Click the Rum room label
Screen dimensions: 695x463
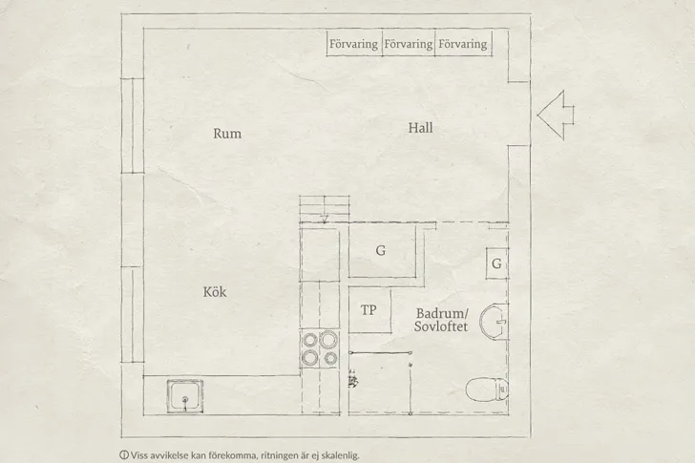(227, 134)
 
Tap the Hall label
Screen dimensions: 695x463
(420, 128)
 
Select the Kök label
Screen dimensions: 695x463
(215, 291)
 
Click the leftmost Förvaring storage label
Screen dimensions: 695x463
(353, 44)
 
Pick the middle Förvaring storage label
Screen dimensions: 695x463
(409, 44)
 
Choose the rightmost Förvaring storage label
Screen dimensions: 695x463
(463, 44)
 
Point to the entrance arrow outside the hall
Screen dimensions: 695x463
(556, 116)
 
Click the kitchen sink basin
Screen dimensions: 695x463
(185, 396)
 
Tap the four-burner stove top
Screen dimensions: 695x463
(320, 349)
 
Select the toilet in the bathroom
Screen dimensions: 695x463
(487, 389)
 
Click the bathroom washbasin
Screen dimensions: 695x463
(494, 321)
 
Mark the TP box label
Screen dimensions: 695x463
(369, 310)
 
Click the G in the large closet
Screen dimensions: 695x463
(380, 251)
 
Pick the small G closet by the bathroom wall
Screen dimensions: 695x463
(496, 263)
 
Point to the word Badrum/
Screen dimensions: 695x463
(442, 314)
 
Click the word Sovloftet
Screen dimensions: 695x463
(441, 326)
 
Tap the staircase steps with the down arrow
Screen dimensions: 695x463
(325, 209)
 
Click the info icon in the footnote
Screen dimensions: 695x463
(124, 454)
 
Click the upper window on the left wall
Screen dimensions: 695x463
(133, 125)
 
